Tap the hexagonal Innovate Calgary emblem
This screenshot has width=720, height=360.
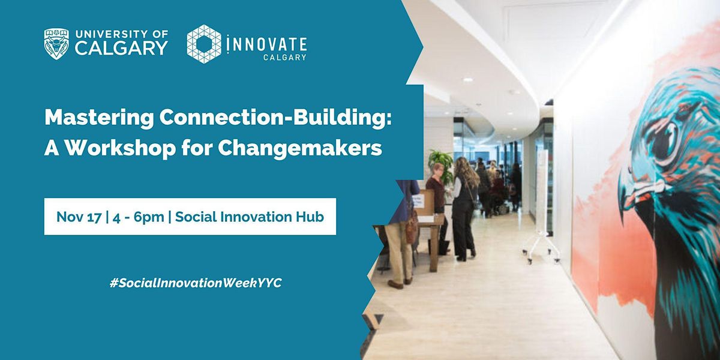point(203,44)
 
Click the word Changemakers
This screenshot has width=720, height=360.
point(299,148)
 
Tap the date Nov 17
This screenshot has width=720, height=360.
point(78,217)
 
